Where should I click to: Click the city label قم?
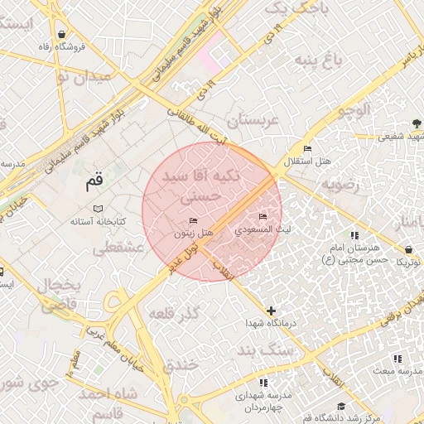(x=94, y=179)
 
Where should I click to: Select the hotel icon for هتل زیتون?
(x=194, y=221)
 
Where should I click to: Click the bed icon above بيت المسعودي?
(x=264, y=217)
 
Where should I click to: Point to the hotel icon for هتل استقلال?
(x=308, y=148)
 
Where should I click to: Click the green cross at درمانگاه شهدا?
(x=271, y=311)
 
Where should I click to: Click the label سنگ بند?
(x=265, y=352)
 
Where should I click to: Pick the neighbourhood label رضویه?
(x=341, y=184)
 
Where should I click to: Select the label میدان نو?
(x=82, y=79)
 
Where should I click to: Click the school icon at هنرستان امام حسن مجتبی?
(x=354, y=235)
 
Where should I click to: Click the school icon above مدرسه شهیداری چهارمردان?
(x=263, y=383)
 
